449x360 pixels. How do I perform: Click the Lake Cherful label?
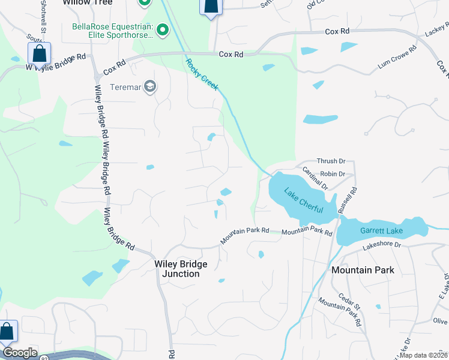(303, 202)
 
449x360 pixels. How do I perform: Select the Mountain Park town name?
(363, 270)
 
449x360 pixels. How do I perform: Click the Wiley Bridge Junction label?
(181, 269)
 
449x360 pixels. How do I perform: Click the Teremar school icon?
(149, 87)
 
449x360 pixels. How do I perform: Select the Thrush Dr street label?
(331, 161)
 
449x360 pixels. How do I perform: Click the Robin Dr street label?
(333, 174)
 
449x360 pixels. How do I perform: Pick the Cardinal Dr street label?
(315, 178)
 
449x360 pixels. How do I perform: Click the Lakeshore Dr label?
(381, 245)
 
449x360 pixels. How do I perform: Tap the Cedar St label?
(348, 301)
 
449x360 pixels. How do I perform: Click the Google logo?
(20, 353)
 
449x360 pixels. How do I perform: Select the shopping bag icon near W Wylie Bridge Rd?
(39, 53)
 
